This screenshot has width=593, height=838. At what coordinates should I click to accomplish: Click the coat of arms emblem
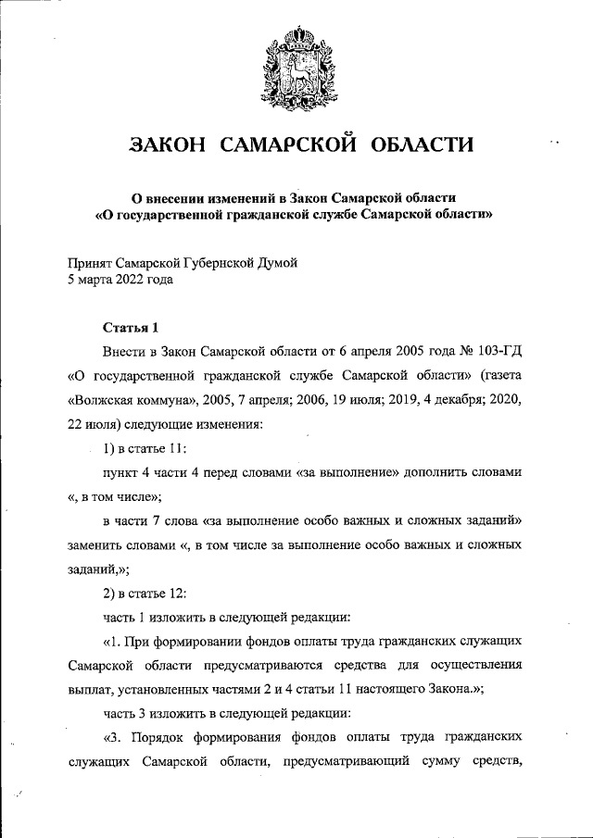coord(296,65)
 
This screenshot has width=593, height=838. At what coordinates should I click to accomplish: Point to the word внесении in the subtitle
coord(181,197)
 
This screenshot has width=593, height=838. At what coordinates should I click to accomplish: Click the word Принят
coord(94,263)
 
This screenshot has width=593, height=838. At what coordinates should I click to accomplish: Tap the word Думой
coord(276,263)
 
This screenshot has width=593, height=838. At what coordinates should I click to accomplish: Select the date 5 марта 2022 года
coord(120,280)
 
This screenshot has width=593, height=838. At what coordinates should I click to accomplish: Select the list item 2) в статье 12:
coord(146,593)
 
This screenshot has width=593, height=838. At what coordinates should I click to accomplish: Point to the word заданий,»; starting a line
coord(98,569)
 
